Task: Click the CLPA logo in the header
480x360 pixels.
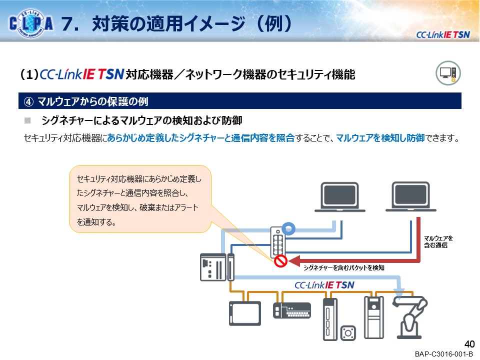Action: (31, 23)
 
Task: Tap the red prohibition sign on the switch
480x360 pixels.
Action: (280, 261)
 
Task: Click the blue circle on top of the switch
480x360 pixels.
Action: (288, 228)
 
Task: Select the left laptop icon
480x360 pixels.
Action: (340, 197)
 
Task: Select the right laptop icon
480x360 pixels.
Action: (411, 196)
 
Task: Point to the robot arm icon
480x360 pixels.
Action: (409, 317)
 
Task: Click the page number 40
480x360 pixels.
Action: (469, 344)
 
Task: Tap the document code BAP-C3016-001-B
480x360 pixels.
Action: (443, 354)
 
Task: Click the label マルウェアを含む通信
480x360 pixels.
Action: (438, 241)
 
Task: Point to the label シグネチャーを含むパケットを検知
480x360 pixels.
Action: (343, 268)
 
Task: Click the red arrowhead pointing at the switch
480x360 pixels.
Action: (294, 261)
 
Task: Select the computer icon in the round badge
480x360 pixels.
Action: (448, 73)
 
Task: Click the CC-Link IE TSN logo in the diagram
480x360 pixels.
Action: (324, 285)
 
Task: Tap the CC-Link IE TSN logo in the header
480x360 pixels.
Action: (442, 35)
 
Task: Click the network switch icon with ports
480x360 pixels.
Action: (277, 242)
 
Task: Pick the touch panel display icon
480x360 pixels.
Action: (245, 313)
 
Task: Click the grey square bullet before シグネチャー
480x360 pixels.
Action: (27, 120)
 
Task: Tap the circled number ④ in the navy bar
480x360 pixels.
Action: (28, 101)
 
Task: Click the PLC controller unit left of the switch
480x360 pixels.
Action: (217, 267)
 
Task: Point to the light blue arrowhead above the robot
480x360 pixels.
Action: (399, 293)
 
